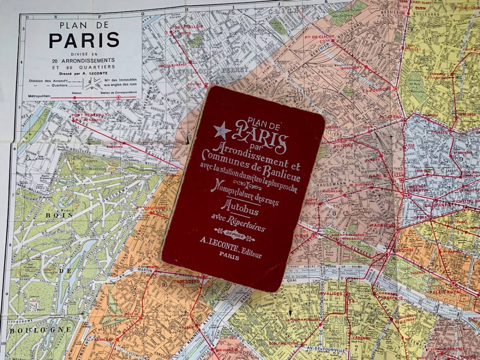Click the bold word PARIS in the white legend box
coord(84,40)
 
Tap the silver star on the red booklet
coord(222,130)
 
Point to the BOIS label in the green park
coord(60,215)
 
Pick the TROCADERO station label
coord(186,281)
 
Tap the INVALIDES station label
coord(330,294)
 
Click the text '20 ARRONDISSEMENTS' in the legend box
coord(83,60)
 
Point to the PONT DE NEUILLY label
coord(85,116)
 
